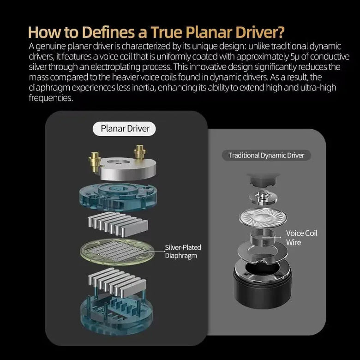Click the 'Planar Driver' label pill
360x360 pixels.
[124, 129]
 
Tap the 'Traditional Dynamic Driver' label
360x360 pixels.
[266, 156]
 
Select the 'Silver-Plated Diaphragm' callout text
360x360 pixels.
[183, 252]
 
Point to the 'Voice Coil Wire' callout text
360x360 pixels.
[302, 238]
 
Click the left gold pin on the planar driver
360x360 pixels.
[95, 162]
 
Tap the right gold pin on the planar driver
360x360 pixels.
[139, 152]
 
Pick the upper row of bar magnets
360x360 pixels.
[118, 224]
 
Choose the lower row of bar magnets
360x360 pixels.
[117, 281]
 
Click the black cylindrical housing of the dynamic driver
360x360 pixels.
[262, 284]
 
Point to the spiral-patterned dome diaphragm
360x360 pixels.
[263, 217]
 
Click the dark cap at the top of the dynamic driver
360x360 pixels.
[263, 180]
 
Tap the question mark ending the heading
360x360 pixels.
[281, 32]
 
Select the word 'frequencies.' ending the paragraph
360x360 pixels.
[51, 98]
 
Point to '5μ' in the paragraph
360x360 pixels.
[294, 56]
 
